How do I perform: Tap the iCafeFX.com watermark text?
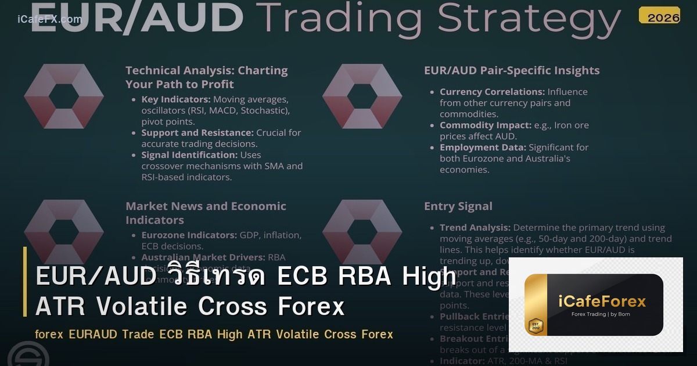point(49,19)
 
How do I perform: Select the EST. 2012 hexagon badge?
point(536,326)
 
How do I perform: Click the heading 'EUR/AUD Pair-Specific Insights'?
point(512,71)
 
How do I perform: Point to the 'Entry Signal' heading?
point(458,206)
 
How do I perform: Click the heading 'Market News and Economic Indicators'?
point(206,213)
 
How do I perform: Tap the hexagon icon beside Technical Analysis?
point(64,96)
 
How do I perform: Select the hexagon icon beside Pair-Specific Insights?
point(362,96)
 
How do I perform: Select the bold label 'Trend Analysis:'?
point(475,228)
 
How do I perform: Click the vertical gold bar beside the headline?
point(25,282)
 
